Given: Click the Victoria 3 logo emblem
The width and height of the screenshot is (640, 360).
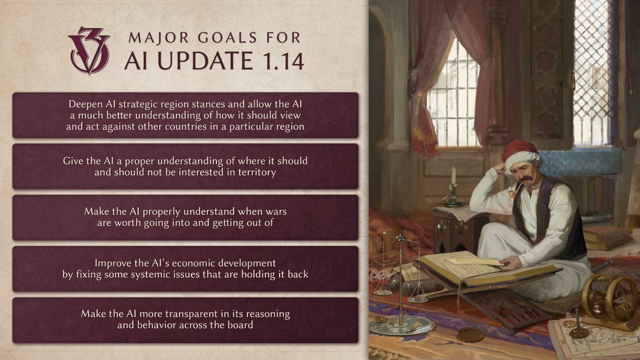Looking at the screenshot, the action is click(89, 50).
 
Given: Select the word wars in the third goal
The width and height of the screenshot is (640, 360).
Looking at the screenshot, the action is click(276, 212).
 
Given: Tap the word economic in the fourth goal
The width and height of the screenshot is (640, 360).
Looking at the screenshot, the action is click(190, 263).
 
